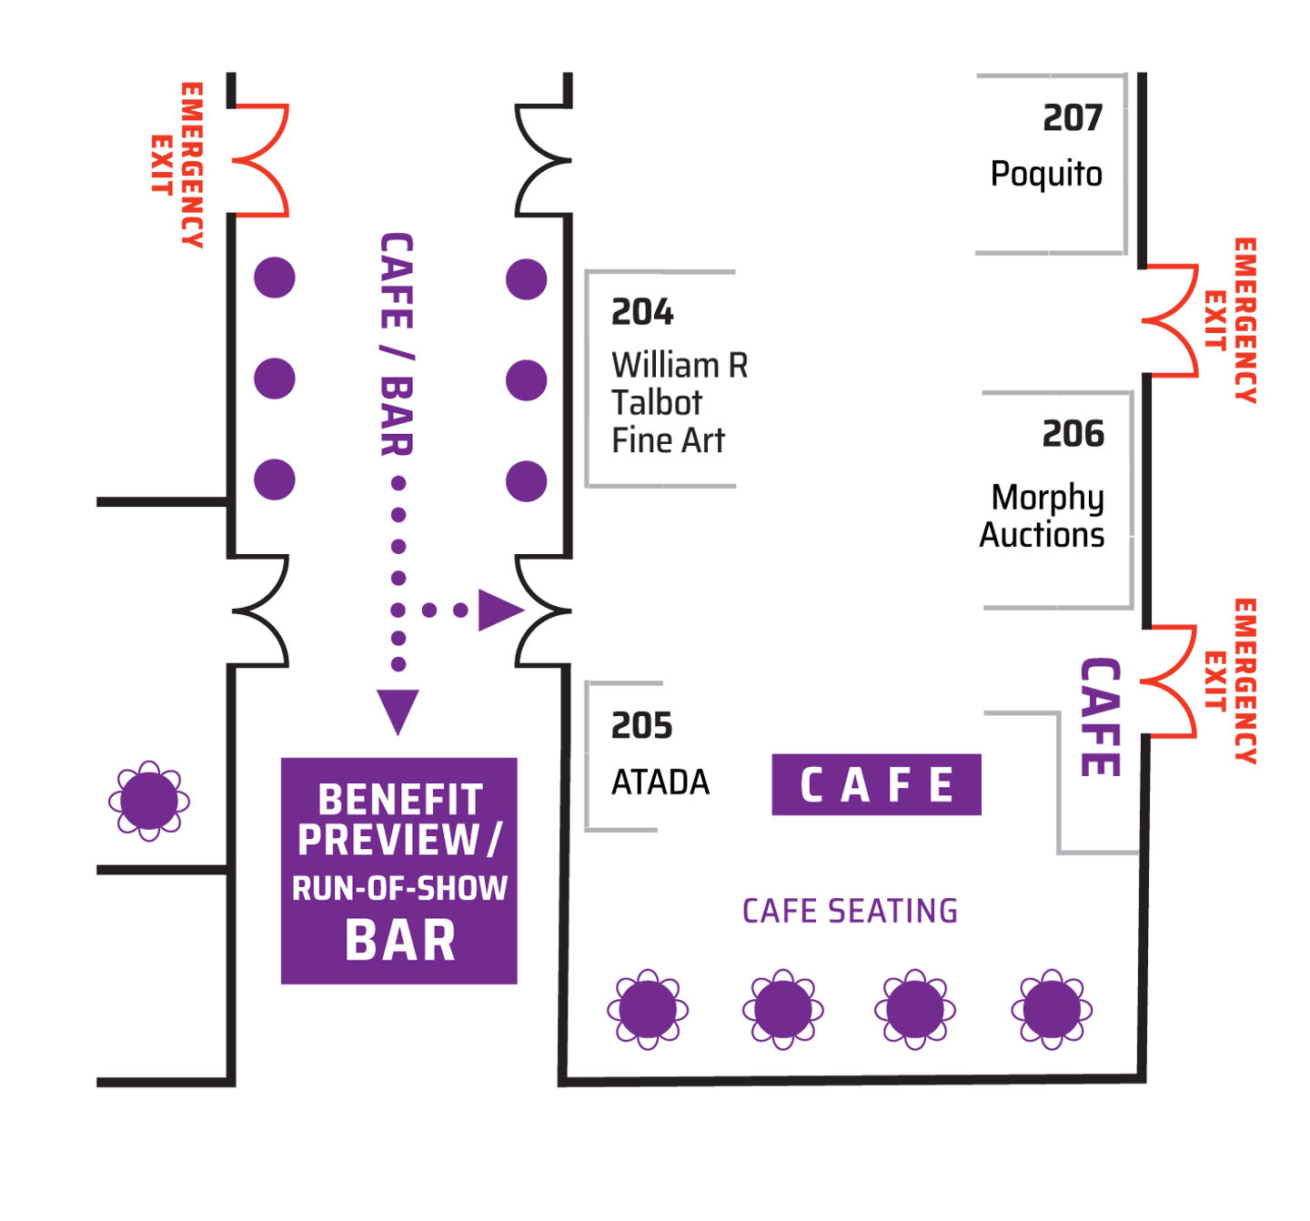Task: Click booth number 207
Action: [x=1072, y=118]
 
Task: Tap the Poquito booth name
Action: [x=1046, y=175]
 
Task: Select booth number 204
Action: [x=641, y=312]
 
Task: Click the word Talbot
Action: [x=656, y=402]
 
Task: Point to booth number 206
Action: [x=1073, y=434]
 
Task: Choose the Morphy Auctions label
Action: [x=1043, y=516]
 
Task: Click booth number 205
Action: [x=641, y=726]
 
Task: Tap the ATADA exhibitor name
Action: [x=660, y=782]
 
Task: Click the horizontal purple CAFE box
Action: [x=876, y=784]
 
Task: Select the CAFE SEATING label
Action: [x=850, y=911]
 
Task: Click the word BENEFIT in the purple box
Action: [x=400, y=800]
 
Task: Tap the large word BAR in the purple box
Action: [x=400, y=941]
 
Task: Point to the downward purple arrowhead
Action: [x=398, y=711]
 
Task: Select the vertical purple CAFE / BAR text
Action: [x=397, y=345]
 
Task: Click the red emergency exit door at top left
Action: [x=261, y=160]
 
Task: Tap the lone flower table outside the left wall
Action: [x=149, y=801]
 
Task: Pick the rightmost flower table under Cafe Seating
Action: [x=1052, y=1009]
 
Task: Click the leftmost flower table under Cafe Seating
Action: [x=648, y=1009]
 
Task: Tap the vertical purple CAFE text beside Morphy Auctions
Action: [x=1100, y=717]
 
